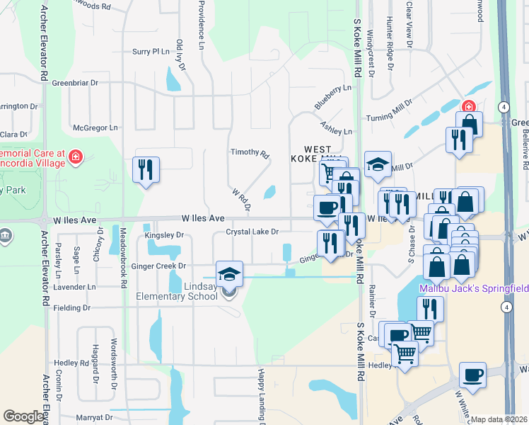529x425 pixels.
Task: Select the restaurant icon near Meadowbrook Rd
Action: pos(146,170)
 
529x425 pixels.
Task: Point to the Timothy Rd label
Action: pos(250,153)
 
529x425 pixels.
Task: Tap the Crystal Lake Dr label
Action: pos(252,232)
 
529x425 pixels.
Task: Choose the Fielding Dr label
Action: pos(72,308)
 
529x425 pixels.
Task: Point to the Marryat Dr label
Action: pos(93,418)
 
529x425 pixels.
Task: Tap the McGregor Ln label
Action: pos(95,128)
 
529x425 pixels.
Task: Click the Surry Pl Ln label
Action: pos(151,52)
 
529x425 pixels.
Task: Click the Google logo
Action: pos(24,416)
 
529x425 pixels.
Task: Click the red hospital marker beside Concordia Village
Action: pos(76,157)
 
